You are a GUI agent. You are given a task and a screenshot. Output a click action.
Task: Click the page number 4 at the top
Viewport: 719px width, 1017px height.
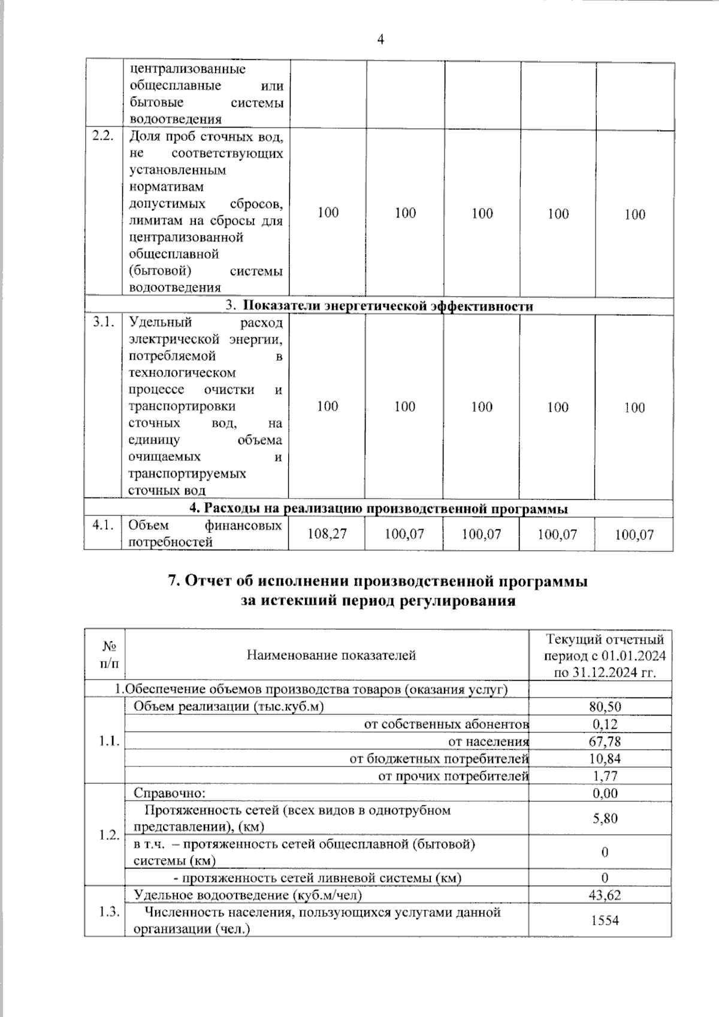[x=380, y=40]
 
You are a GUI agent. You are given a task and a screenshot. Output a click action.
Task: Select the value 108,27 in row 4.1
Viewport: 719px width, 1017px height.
[x=327, y=534]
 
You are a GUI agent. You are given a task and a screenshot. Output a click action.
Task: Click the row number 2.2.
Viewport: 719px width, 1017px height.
[x=103, y=136]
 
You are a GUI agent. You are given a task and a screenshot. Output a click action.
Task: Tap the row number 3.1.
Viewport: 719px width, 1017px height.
[x=103, y=322]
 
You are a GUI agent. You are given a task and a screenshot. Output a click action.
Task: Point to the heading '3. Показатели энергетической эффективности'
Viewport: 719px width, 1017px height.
[x=379, y=306]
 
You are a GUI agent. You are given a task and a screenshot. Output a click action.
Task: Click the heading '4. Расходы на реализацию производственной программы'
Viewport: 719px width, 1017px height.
[x=378, y=509]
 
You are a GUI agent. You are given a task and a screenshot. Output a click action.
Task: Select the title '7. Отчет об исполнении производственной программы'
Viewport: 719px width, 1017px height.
[x=377, y=581]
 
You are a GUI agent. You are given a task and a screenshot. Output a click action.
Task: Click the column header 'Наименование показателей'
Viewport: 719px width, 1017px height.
[x=331, y=655]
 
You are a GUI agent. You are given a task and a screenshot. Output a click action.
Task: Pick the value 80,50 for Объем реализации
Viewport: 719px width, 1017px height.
[x=605, y=707]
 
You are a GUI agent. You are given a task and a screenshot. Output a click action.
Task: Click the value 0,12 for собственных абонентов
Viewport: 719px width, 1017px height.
[x=605, y=724]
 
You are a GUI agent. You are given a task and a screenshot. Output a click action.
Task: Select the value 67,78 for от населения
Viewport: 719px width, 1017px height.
[x=605, y=741]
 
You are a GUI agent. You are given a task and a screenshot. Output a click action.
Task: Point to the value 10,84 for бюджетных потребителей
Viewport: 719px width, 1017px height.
[x=605, y=759]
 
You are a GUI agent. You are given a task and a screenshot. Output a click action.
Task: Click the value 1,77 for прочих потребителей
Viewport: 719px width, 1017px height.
[x=605, y=776]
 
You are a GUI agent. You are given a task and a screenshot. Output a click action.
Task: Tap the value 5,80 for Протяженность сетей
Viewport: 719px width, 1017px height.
[x=605, y=818]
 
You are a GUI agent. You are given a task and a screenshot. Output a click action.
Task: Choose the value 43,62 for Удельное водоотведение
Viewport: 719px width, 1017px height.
[x=605, y=895]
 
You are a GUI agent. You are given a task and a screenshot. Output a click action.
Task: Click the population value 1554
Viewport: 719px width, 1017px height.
[x=605, y=920]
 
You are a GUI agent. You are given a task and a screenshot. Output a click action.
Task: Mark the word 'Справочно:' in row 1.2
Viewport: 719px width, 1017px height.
[x=170, y=793]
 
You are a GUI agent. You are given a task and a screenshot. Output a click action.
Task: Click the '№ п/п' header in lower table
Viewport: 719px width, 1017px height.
[x=108, y=655]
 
